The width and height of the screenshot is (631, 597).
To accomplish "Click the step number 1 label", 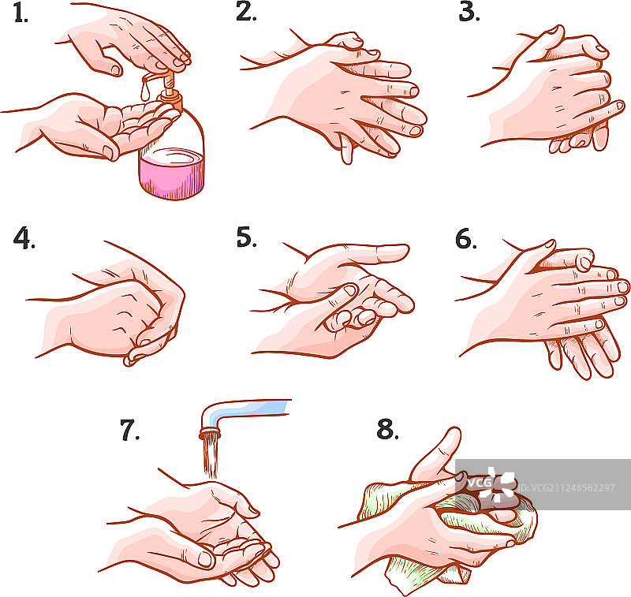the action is [21, 13].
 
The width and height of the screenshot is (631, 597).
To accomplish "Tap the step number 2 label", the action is [246, 11].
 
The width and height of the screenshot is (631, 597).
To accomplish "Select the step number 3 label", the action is [469, 12].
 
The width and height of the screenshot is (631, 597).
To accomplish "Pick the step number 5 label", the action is [246, 237].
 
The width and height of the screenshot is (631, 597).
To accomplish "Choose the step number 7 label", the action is [130, 430].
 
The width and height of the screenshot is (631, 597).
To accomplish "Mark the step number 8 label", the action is [387, 429].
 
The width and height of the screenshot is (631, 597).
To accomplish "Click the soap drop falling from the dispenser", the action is [145, 91].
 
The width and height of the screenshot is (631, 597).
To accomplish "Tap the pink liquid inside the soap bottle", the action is [172, 173].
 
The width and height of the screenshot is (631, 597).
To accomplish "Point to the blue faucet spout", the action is [241, 412].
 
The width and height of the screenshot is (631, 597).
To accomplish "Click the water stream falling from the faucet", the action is [211, 457].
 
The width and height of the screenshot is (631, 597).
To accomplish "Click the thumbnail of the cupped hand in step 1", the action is [108, 152].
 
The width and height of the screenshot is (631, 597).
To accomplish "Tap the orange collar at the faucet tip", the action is [210, 435].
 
